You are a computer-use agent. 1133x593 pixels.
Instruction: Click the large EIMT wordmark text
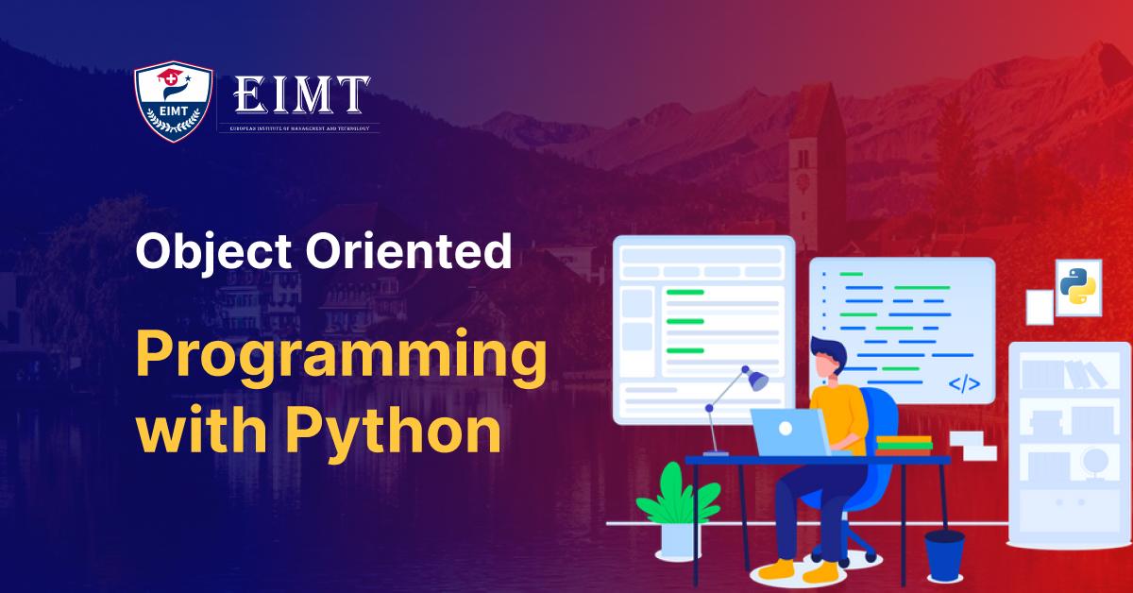(301, 94)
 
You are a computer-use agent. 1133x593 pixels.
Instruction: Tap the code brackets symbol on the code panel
(964, 383)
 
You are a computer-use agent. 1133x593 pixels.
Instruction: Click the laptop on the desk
(788, 433)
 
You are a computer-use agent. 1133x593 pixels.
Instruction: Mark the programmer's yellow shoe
(779, 569)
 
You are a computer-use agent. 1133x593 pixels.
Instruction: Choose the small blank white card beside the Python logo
(1040, 307)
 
